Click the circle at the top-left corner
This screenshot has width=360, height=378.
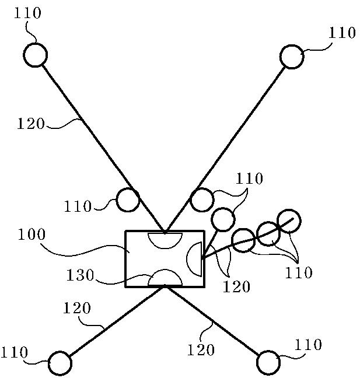pyautogui.click(x=35, y=55)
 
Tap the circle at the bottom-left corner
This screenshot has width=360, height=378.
pyautogui.click(x=60, y=363)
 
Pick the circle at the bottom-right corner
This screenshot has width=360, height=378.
pyautogui.click(x=268, y=362)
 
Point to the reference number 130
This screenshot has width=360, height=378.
pyautogui.click(x=80, y=275)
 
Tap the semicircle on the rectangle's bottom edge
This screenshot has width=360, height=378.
pyautogui.click(x=165, y=278)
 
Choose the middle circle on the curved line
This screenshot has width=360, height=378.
pyautogui.click(x=268, y=233)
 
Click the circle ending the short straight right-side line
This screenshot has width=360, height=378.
pyautogui.click(x=223, y=219)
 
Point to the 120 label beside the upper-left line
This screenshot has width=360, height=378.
pyautogui.click(x=30, y=123)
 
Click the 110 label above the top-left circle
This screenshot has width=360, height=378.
pyautogui.click(x=27, y=13)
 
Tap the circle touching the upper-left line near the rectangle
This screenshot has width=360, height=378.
pyautogui.click(x=128, y=200)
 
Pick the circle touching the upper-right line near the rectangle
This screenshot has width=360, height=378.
pyautogui.click(x=202, y=199)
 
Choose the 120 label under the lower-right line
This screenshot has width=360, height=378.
pyautogui.click(x=201, y=349)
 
